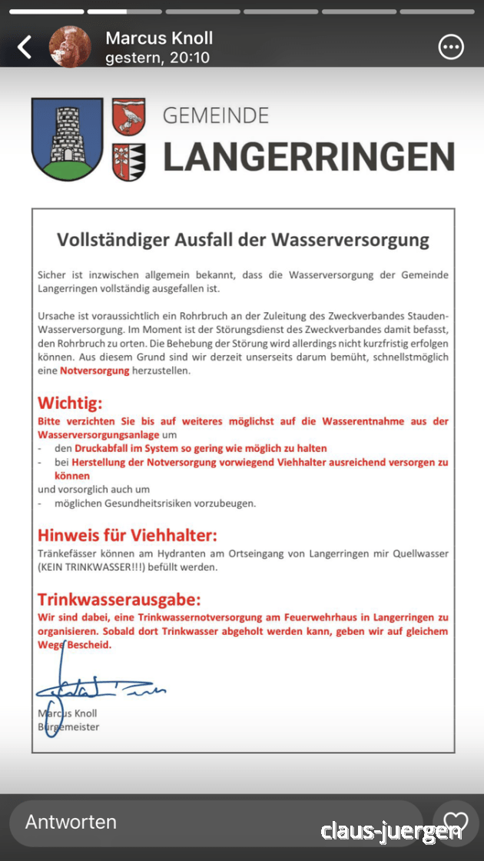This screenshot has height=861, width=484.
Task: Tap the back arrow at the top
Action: [x=25, y=48]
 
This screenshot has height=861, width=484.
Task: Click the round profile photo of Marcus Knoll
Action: [x=70, y=47]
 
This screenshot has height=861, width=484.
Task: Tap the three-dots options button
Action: [x=451, y=48]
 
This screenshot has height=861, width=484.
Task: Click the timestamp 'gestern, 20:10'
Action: [x=157, y=58]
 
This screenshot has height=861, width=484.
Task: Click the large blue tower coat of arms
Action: [x=67, y=139]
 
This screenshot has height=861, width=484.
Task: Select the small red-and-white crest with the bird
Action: [x=129, y=117]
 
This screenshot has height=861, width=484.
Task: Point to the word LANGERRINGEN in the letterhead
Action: [x=308, y=156]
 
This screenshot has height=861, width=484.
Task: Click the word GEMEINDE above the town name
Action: [x=216, y=116]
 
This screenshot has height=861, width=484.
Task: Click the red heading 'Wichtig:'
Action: [x=70, y=403]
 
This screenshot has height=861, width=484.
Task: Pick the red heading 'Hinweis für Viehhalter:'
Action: [x=128, y=535]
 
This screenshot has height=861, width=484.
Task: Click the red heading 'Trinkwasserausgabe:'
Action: [x=119, y=600]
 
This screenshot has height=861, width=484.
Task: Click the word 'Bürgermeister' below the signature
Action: [x=69, y=726]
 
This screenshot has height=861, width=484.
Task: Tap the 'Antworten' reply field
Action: [x=71, y=822]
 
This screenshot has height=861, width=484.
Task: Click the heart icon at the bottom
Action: [x=455, y=822]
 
